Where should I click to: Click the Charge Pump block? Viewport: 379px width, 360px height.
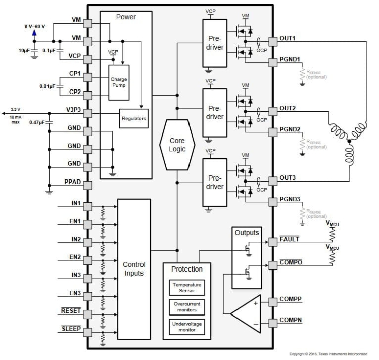120,82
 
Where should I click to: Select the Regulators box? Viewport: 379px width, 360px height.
133,118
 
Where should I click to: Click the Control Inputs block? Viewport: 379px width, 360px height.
134,269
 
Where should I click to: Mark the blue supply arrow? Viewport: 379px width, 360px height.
34,33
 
